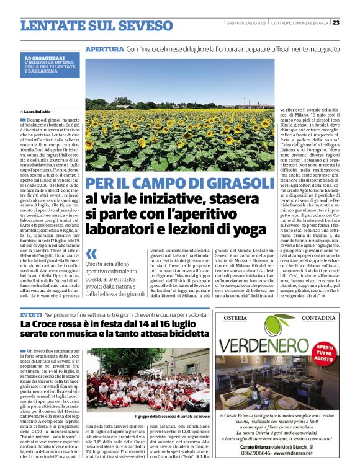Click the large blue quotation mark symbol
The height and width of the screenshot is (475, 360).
92,254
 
